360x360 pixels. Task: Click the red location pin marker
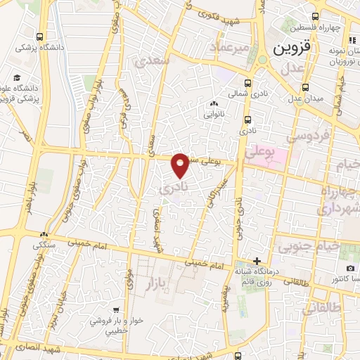pyautogui.click(x=181, y=165)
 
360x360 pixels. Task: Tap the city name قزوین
pyautogui.click(x=289, y=50)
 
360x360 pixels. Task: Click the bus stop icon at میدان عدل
pyautogui.click(x=305, y=87)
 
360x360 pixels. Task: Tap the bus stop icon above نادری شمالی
pyautogui.click(x=247, y=81)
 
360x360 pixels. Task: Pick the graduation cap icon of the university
pyautogui.click(x=15, y=78)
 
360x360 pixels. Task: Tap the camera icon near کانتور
pyautogui.click(x=349, y=269)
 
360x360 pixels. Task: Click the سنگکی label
pyautogui.click(x=46, y=245)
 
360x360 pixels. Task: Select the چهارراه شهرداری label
pyautogui.click(x=340, y=200)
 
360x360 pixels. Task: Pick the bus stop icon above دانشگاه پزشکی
pyautogui.click(x=40, y=37)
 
